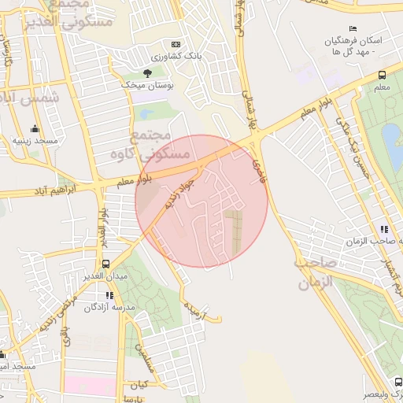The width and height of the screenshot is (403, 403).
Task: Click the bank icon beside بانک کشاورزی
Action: pyautogui.click(x=175, y=45)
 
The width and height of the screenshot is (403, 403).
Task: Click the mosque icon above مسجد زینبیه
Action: pyautogui.click(x=34, y=129)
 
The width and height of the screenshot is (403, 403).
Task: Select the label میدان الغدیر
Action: pyautogui.click(x=106, y=276)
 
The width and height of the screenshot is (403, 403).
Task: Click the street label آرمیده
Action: pyautogui.click(x=193, y=310)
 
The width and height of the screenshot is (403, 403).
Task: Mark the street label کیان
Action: pyautogui.click(x=139, y=385)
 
